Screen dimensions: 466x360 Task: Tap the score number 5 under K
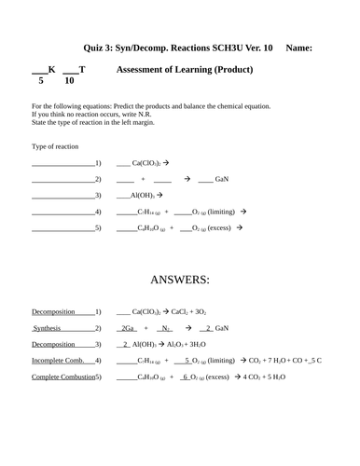click(x=41, y=81)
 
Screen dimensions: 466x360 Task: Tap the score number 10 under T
click(x=69, y=81)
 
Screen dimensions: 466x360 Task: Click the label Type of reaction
click(x=55, y=146)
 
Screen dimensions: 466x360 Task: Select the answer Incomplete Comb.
click(x=59, y=360)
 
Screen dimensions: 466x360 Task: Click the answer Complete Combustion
click(x=62, y=377)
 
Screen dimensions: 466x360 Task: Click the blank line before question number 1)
click(x=62, y=163)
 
